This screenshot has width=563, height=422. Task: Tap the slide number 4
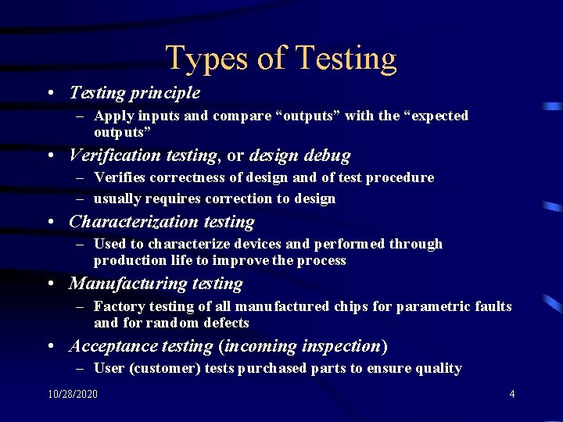click(512, 394)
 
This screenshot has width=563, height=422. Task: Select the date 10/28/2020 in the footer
click(73, 394)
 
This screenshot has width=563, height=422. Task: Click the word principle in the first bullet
click(165, 93)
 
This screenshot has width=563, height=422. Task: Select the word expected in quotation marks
click(435, 116)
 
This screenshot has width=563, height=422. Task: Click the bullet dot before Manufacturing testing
click(51, 284)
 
